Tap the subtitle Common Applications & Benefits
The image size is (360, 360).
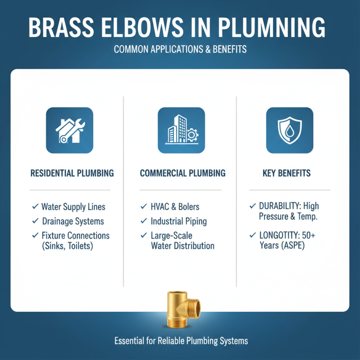pos(180,49)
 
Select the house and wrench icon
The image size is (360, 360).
pos(69,131)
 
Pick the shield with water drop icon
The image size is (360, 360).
pos(289,131)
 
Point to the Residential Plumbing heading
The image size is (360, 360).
pos(72,173)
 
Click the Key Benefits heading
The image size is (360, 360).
pos(289,173)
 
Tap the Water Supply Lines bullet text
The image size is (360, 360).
pos(73,207)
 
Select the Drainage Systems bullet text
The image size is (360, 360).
pos(72,221)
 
